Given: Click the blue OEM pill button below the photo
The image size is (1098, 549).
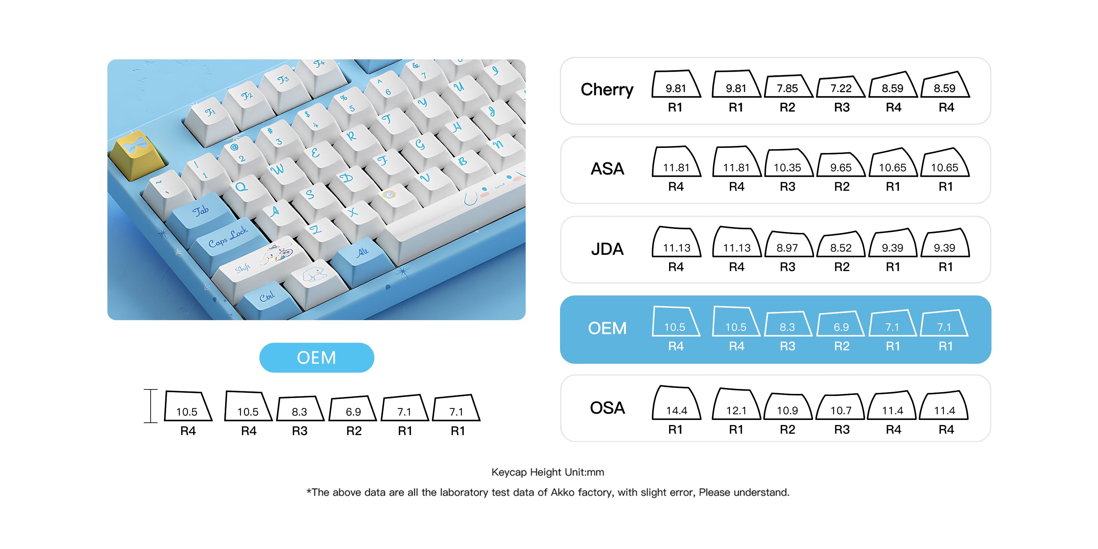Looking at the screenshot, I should (316, 358).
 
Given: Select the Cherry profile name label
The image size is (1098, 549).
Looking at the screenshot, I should (607, 90).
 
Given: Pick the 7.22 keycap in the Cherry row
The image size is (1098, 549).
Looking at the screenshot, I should (841, 87).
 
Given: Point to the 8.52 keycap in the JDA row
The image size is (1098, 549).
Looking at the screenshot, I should (841, 246).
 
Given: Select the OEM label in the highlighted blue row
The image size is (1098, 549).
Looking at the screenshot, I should (607, 328).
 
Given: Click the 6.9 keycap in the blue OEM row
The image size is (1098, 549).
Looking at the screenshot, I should (841, 325).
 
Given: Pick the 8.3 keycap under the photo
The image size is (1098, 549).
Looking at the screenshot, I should (300, 410).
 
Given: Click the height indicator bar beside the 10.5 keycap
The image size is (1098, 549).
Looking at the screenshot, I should (151, 406).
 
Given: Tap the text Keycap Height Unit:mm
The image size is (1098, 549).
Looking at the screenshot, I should (547, 472).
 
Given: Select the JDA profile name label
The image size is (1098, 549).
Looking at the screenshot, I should (607, 249).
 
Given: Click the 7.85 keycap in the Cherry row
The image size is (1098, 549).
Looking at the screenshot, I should (787, 87).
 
